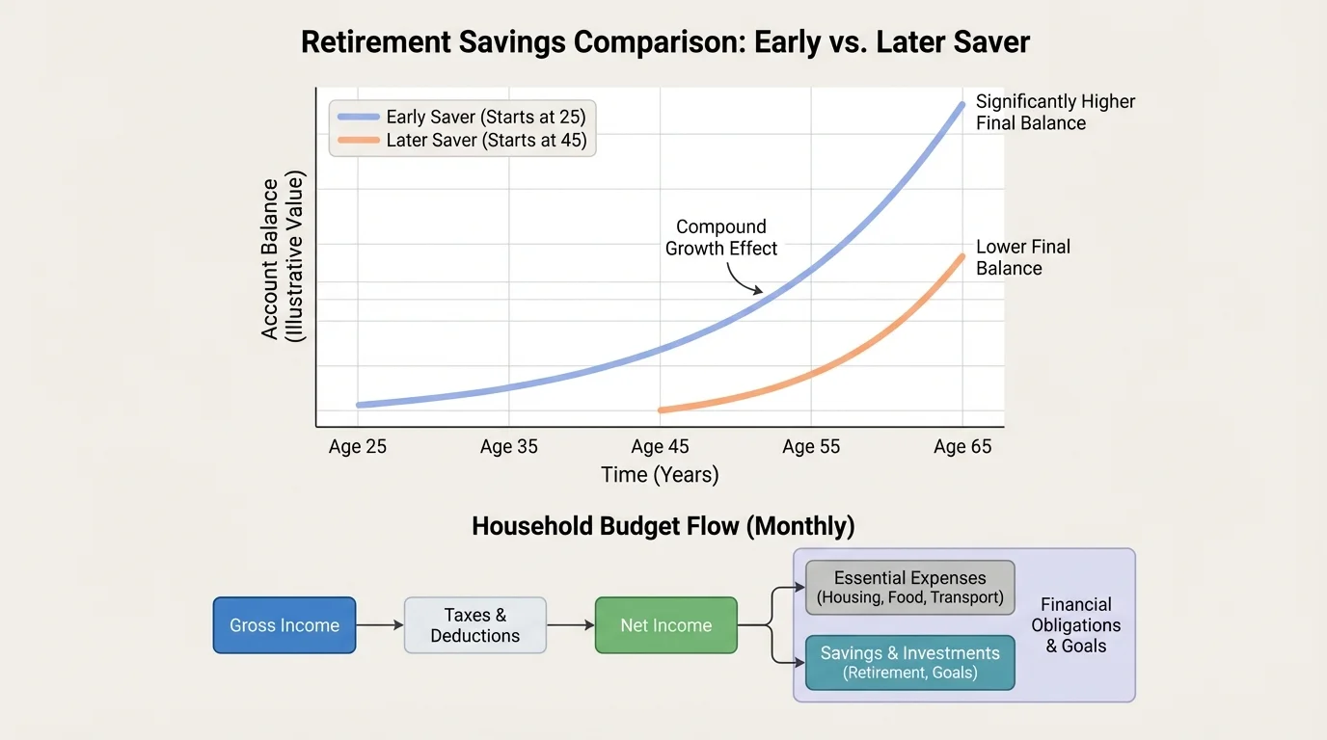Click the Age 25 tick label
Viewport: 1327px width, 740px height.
point(357,447)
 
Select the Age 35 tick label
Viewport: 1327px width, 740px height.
point(508,447)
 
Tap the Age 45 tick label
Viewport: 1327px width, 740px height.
point(660,447)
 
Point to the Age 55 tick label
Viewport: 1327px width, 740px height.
point(811,447)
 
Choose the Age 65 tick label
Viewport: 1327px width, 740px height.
point(962,447)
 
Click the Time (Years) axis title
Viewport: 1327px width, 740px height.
point(660,475)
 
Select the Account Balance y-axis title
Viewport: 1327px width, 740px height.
point(283,258)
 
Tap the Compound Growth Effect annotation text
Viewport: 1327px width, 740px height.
point(721,238)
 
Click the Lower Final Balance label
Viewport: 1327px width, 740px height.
point(1022,257)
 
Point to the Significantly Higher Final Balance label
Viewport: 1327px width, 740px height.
point(1055,112)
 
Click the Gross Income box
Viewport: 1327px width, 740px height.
point(284,625)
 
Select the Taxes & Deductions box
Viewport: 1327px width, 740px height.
point(475,625)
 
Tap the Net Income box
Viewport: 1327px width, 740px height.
point(666,625)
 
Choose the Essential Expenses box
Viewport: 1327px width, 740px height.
point(909,587)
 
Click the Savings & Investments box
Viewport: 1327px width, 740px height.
point(909,662)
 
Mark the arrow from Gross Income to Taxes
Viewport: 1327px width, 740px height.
point(380,625)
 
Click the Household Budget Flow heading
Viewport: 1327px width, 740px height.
point(663,526)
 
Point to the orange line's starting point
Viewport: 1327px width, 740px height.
point(661,410)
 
